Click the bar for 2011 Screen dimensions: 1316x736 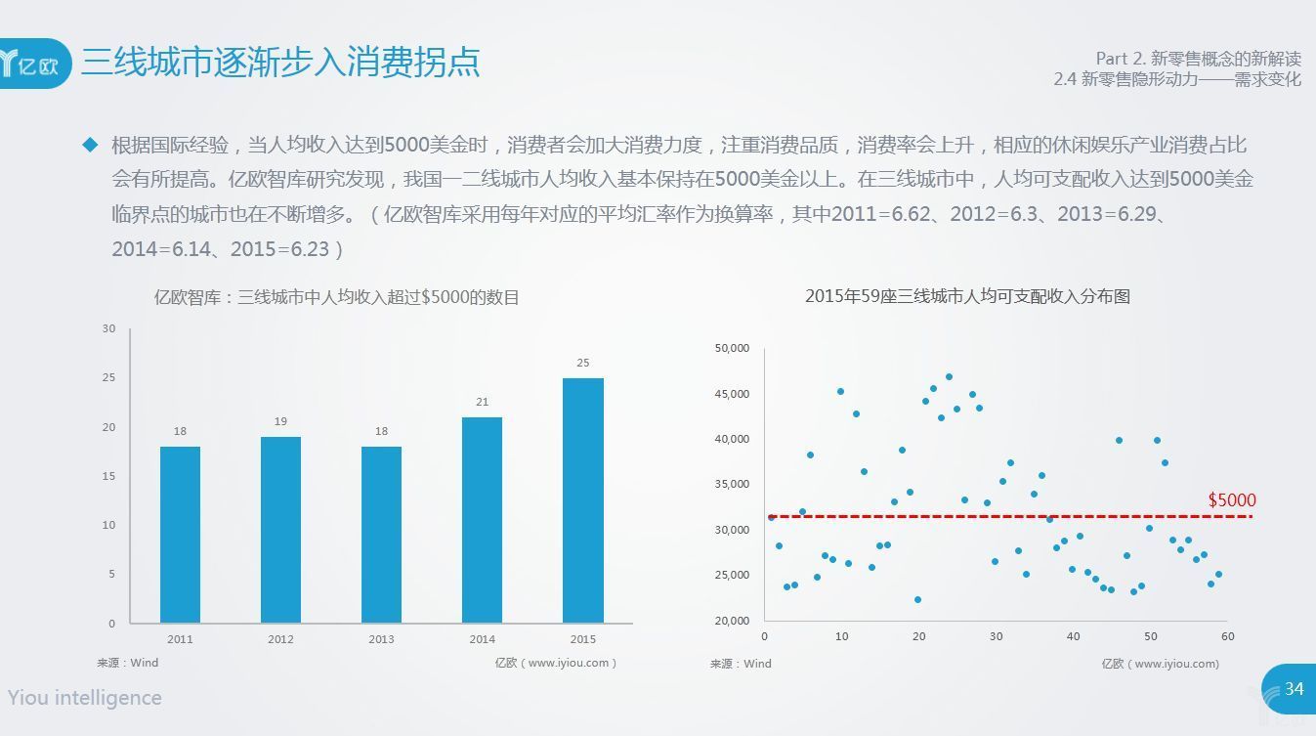(x=180, y=535)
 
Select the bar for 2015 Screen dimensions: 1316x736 (x=583, y=500)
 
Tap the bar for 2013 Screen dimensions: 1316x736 (x=381, y=535)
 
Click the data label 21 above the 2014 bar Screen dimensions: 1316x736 (x=483, y=402)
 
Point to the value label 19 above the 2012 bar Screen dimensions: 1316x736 (x=280, y=421)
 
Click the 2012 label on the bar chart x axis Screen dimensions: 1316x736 (x=280, y=639)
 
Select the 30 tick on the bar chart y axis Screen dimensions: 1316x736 (x=108, y=328)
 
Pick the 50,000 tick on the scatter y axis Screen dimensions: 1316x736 (x=732, y=348)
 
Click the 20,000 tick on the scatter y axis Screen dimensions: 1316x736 (x=732, y=621)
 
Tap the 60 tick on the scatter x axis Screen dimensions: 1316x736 (x=1228, y=636)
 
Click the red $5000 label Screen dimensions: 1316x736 (x=1232, y=500)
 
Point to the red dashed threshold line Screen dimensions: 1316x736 (x=1010, y=517)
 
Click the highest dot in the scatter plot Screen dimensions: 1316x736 (x=949, y=377)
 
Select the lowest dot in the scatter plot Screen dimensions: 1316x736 (x=917, y=599)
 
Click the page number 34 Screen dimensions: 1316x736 (x=1295, y=688)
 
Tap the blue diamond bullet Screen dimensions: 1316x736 (x=90, y=145)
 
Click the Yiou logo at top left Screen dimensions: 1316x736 (x=34, y=64)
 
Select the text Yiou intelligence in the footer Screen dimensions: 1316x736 (x=85, y=698)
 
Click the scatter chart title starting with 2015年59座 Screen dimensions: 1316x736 (x=967, y=296)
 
